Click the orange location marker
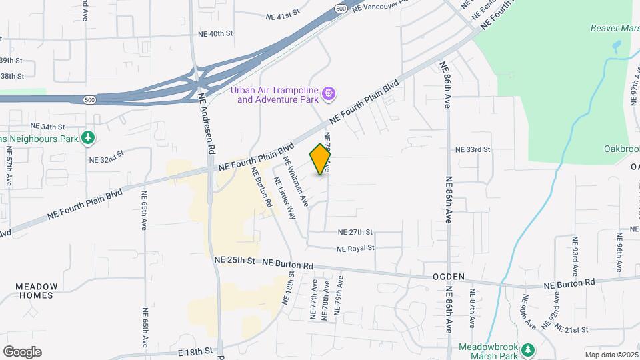[321, 159]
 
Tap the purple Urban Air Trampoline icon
[328, 95]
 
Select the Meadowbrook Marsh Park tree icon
[528, 349]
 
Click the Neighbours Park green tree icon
[87, 138]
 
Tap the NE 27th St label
[355, 233]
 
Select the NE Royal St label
[355, 248]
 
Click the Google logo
[22, 352]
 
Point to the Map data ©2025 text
[612, 355]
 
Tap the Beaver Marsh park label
[615, 28]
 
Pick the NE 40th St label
[215, 33]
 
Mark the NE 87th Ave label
[473, 308]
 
